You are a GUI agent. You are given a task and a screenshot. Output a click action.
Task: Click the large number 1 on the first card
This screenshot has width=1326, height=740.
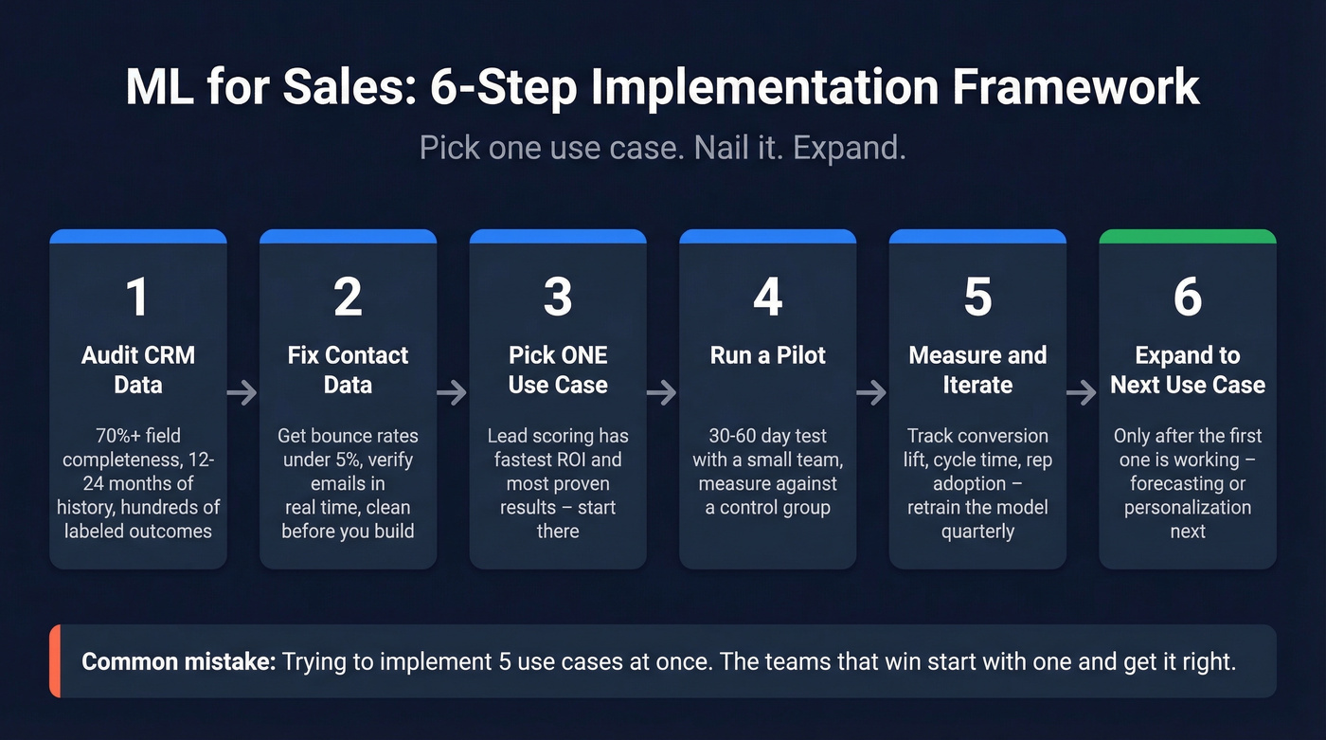click(x=137, y=297)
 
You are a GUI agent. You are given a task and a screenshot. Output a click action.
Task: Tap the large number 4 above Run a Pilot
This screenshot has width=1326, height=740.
click(x=767, y=297)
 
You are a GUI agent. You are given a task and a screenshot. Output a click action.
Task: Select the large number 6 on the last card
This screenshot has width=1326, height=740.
click(x=1188, y=297)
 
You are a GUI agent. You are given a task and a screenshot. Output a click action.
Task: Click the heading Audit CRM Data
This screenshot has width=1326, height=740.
click(x=138, y=370)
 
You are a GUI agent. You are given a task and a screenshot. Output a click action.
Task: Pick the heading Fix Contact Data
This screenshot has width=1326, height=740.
click(x=348, y=370)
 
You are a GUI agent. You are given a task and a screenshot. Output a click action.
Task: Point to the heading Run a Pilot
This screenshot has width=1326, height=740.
click(x=767, y=355)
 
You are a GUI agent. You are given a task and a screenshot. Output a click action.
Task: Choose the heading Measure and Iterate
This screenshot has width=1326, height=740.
click(x=977, y=370)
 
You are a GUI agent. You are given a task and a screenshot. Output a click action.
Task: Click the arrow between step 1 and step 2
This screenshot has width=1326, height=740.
click(x=243, y=392)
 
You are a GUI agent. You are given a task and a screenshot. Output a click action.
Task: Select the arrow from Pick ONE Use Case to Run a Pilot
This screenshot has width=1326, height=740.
click(x=663, y=392)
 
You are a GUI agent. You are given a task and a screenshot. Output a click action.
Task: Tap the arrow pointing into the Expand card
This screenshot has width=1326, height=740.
click(x=1083, y=392)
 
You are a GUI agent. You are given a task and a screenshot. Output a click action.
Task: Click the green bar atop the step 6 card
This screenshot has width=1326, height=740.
click(x=1188, y=236)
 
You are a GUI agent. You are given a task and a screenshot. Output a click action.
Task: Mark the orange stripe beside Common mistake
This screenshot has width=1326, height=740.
click(x=55, y=660)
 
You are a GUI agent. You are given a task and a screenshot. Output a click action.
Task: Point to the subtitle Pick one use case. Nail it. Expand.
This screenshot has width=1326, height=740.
click(x=662, y=149)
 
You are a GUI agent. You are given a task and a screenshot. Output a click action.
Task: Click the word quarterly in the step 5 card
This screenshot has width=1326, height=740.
click(x=977, y=531)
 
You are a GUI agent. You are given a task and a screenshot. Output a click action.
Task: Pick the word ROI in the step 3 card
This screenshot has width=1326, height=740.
click(x=589, y=460)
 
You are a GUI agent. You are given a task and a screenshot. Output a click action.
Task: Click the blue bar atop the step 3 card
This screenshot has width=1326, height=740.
click(x=558, y=236)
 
